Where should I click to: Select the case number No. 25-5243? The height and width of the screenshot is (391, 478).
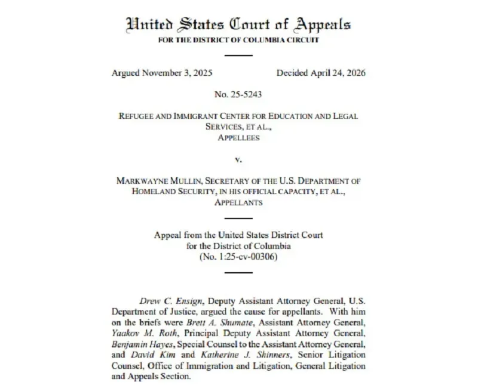238,94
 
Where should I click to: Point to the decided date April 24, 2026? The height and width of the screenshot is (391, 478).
337,73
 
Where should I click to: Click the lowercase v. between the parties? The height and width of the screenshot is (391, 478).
239,159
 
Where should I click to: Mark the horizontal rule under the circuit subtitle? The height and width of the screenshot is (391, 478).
239,55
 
